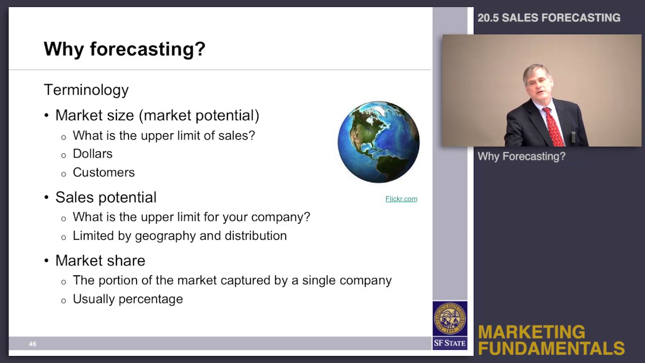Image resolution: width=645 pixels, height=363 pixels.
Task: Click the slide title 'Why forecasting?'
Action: (x=124, y=49)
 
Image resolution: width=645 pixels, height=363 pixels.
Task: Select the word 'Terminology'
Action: (x=86, y=90)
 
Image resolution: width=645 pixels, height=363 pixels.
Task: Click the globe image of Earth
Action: (x=378, y=142)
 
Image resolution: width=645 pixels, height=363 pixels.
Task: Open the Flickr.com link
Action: (x=401, y=199)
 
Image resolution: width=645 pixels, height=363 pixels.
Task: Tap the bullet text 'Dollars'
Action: (x=93, y=154)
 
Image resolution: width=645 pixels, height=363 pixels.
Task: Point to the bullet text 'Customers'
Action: (x=104, y=172)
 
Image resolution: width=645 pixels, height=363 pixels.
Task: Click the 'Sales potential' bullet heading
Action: (x=106, y=197)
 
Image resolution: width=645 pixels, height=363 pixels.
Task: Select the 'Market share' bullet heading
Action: (x=100, y=261)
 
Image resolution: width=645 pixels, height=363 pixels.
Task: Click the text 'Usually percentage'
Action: (x=127, y=299)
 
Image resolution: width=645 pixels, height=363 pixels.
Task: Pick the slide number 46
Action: (x=32, y=344)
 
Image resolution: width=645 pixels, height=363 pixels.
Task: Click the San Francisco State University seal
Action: (x=449, y=319)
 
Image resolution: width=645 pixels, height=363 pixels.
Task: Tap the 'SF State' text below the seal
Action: (x=449, y=343)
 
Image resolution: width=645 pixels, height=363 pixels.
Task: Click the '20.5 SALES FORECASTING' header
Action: (x=549, y=18)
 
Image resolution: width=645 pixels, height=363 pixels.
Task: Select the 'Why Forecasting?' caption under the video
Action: (x=521, y=156)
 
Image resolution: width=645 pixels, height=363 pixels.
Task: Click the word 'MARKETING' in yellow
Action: (x=531, y=332)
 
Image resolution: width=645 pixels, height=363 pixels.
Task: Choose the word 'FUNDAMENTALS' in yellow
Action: (x=551, y=348)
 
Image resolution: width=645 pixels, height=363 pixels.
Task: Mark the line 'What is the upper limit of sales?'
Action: (x=164, y=136)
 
